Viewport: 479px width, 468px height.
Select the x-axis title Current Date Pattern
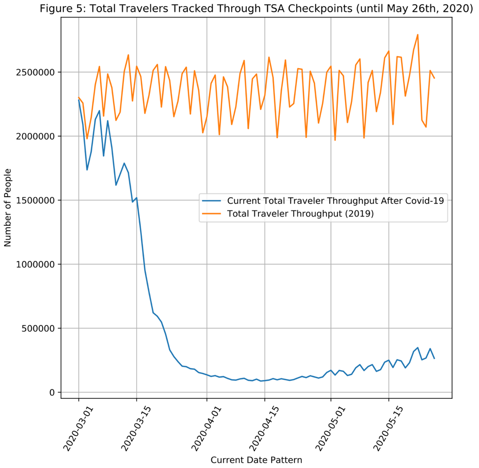point(256,460)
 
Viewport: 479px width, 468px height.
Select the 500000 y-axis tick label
point(40,328)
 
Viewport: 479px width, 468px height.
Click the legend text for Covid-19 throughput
point(335,201)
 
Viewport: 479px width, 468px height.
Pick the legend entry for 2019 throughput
point(300,214)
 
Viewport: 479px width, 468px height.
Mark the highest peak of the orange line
point(418,35)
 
